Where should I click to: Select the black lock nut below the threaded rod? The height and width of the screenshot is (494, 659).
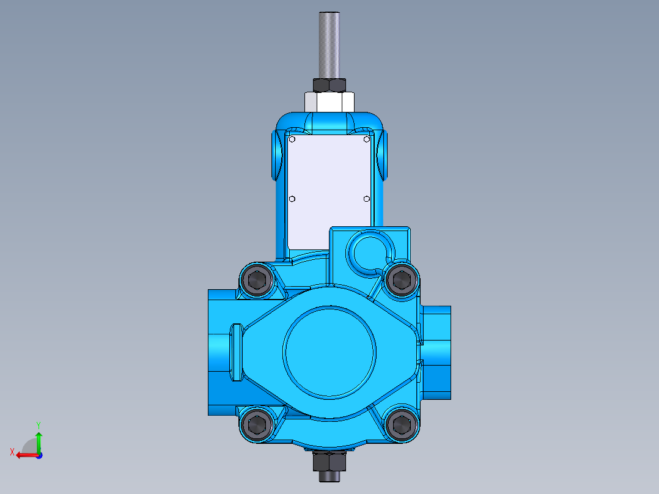(x=330, y=85)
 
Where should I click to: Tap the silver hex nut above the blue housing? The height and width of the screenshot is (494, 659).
(x=330, y=101)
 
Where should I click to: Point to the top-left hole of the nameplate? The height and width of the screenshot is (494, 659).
(x=292, y=139)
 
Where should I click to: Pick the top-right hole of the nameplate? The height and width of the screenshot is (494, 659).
(x=366, y=139)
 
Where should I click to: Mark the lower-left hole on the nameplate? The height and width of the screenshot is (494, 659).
(x=292, y=199)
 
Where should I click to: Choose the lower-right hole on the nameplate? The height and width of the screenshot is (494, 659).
(x=366, y=199)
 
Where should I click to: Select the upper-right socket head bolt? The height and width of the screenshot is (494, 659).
(x=401, y=280)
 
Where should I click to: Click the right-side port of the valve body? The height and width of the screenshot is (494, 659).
(x=436, y=352)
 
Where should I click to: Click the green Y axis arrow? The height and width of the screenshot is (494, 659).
(x=39, y=439)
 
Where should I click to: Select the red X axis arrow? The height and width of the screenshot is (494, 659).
(x=23, y=455)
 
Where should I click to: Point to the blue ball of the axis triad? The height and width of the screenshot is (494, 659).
(x=39, y=455)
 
